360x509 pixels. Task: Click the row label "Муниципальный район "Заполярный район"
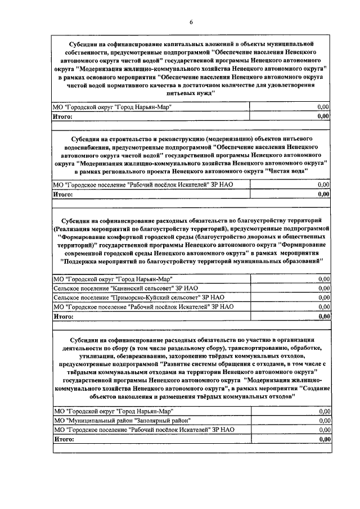121,420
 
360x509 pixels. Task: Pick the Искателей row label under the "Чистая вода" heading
141,184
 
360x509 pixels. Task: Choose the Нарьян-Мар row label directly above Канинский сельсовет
112,279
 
